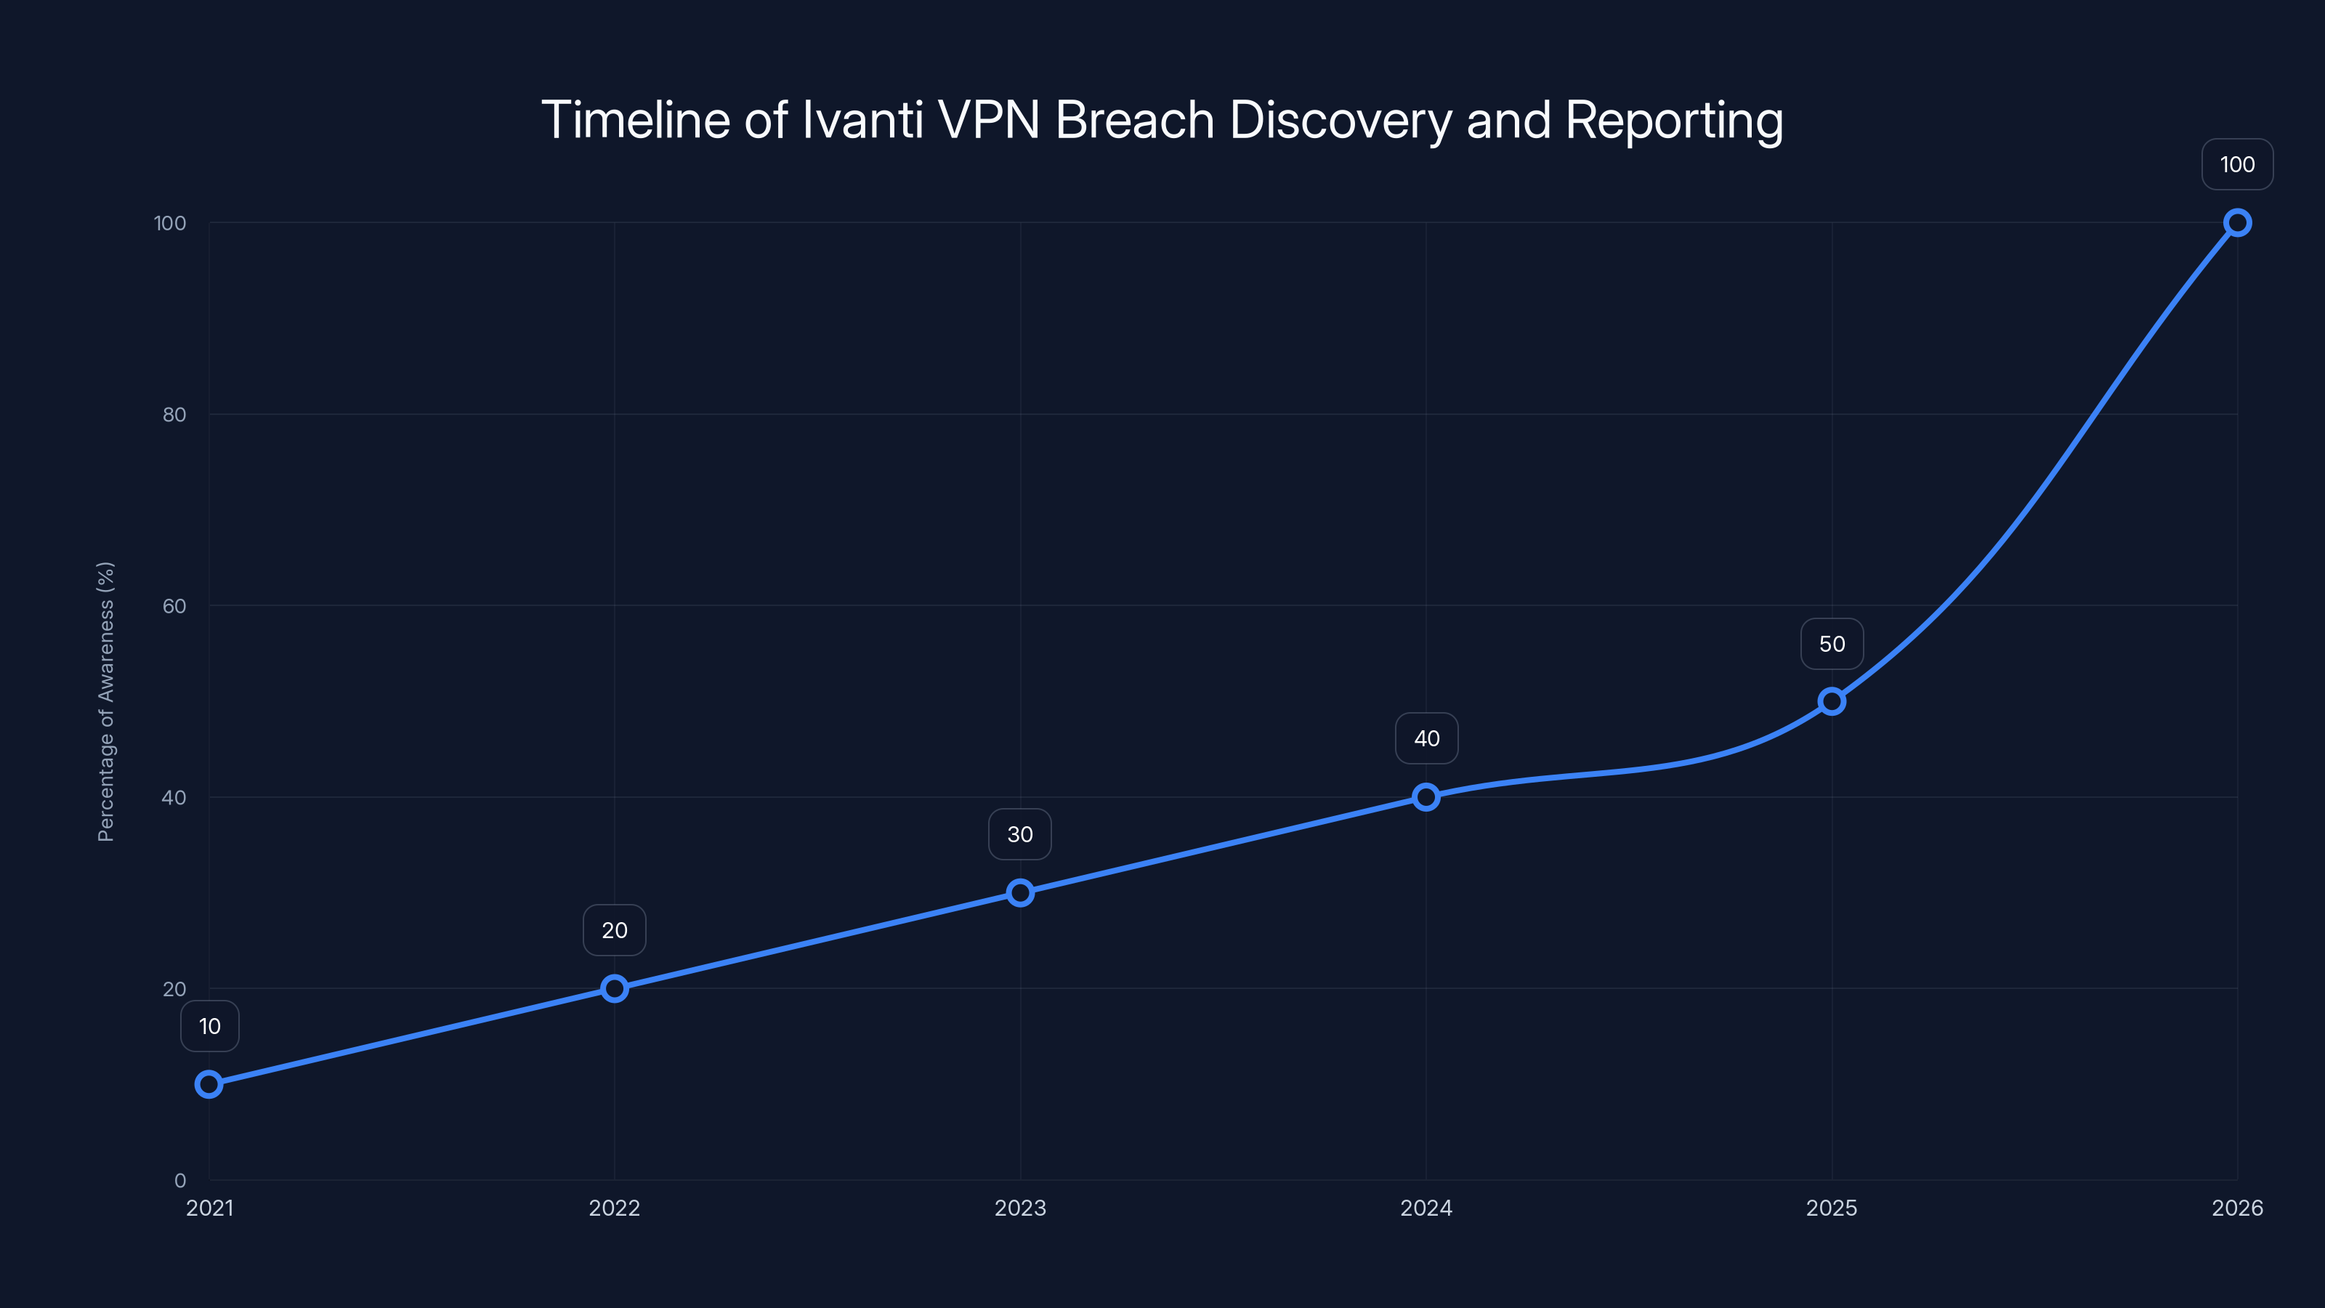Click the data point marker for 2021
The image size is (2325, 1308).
click(x=209, y=1084)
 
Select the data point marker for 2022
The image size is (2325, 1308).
click(x=615, y=988)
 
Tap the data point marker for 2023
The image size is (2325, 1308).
click(x=1020, y=893)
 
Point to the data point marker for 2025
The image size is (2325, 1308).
click(x=1831, y=701)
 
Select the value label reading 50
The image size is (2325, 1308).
click(x=1831, y=644)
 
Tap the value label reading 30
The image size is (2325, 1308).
click(x=1020, y=834)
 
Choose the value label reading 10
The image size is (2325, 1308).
click(x=209, y=1026)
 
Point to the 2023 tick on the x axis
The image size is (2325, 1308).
click(x=1020, y=1208)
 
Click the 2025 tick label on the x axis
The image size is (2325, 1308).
click(x=1831, y=1208)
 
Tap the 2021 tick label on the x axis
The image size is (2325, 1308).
click(x=209, y=1208)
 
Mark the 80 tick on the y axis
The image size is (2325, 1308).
click(x=174, y=414)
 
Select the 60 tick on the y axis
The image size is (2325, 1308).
click(x=174, y=606)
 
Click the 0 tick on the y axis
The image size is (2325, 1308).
click(x=180, y=1180)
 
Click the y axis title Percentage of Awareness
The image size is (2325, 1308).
click(x=105, y=701)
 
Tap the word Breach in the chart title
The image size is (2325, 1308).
click(x=1134, y=120)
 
